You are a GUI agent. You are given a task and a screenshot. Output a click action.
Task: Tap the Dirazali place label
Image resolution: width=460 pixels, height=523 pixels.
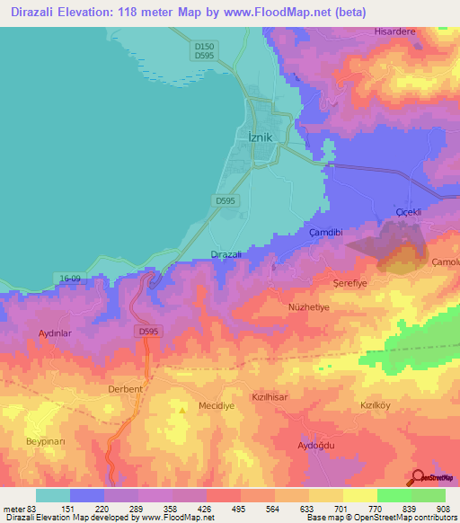point(226,254)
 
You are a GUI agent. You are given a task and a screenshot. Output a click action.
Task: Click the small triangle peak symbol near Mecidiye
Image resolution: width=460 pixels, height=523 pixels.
point(183,410)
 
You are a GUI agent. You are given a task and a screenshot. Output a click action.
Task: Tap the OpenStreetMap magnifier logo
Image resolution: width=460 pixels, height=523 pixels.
point(419,476)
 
